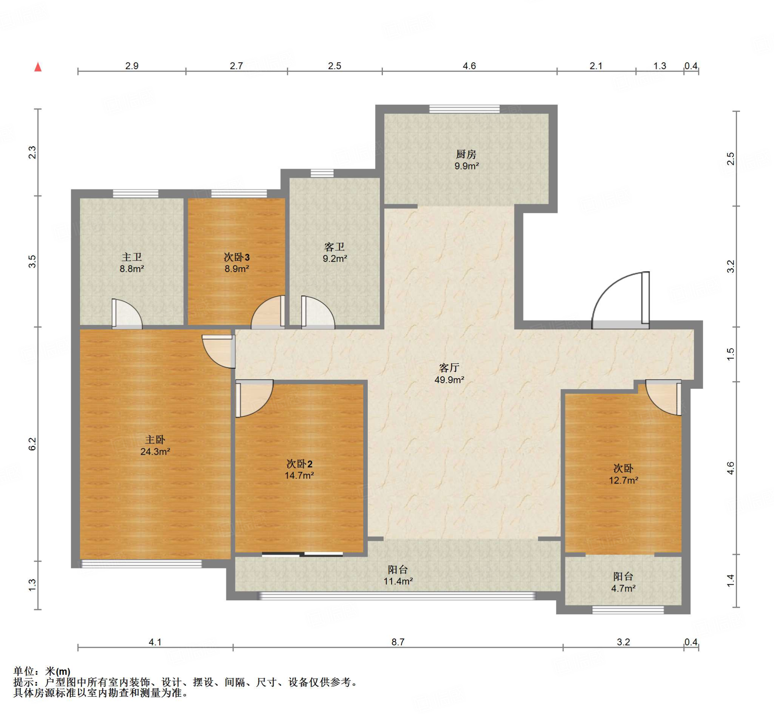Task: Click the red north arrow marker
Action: coord(38,67)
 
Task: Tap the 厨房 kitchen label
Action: coord(466,154)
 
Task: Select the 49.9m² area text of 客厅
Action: coord(449,380)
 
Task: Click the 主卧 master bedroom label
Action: coord(155,440)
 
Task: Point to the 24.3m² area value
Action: coord(155,452)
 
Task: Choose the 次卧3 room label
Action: coord(237,257)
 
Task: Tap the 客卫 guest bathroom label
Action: coord(335,247)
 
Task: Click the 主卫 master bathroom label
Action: coord(132,257)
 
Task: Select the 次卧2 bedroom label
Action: coord(299,464)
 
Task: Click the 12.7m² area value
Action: coord(624,480)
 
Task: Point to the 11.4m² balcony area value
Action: coord(398,581)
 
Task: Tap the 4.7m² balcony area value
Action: coord(624,588)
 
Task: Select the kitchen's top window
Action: coord(464,109)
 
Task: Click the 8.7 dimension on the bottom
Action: coord(398,642)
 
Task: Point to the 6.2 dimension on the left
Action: coord(32,444)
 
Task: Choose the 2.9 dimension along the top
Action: coord(132,66)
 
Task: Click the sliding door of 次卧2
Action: coord(302,554)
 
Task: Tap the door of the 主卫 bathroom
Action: coord(127,314)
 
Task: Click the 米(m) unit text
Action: coord(58,671)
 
